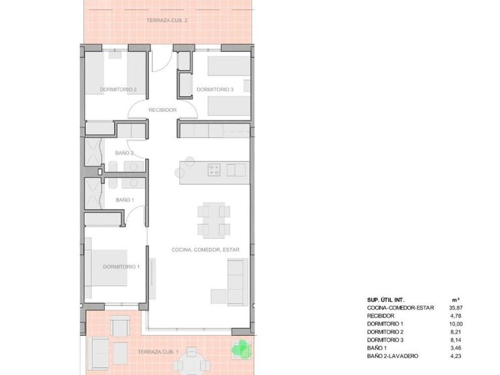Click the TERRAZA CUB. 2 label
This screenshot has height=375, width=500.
click(x=168, y=21)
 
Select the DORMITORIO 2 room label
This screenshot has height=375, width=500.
click(x=118, y=89)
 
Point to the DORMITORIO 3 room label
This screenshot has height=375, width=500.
click(x=215, y=89)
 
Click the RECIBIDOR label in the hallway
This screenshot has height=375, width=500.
click(x=163, y=110)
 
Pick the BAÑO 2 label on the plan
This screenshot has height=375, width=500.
click(x=124, y=153)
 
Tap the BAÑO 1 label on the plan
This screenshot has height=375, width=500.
click(x=124, y=199)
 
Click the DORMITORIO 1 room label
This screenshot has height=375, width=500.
click(x=121, y=266)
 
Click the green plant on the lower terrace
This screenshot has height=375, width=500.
click(x=242, y=350)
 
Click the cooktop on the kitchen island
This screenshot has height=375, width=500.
click(x=215, y=170)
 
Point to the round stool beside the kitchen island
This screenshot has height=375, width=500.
click(x=180, y=172)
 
